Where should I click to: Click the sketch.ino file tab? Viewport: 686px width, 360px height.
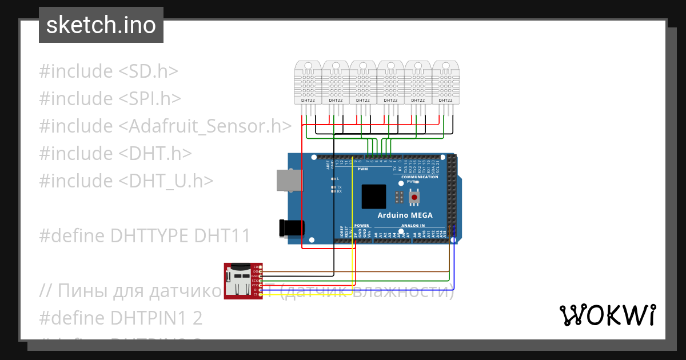pos(101,25)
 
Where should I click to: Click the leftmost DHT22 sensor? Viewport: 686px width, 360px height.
pos(308,82)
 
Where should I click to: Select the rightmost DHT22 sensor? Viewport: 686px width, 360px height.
pos(446,82)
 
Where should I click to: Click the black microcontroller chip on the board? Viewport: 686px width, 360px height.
pos(374,197)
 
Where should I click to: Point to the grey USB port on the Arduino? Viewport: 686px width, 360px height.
pos(288,179)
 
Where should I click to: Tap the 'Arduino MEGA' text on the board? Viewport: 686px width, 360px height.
pos(405,215)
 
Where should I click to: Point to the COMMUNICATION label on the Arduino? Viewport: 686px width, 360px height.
pos(419,177)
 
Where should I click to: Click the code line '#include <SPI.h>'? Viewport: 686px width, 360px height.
pos(110,99)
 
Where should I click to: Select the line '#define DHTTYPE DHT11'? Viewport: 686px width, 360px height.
pos(145,235)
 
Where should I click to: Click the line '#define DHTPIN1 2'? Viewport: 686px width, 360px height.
pos(121,318)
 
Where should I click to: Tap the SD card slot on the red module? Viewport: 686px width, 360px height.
pos(236,281)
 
